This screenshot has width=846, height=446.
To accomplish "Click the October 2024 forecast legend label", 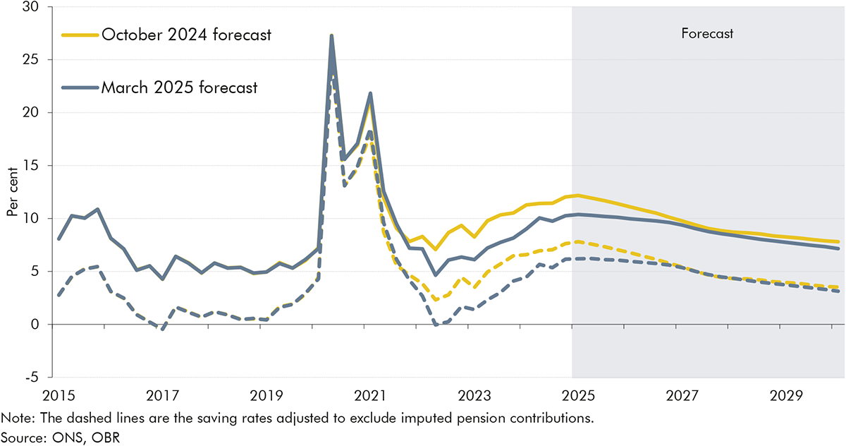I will pyautogui.click(x=186, y=35).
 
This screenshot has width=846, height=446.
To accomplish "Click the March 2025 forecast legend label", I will pyautogui.click(x=179, y=88).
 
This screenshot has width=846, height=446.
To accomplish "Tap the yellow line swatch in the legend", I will pyautogui.click(x=80, y=35).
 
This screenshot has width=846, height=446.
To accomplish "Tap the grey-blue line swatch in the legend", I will pyautogui.click(x=80, y=88).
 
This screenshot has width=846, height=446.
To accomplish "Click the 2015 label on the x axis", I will pyautogui.click(x=59, y=392).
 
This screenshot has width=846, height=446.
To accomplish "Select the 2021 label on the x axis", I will pyautogui.click(x=370, y=392).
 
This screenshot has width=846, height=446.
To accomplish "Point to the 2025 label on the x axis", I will pyautogui.click(x=572, y=392).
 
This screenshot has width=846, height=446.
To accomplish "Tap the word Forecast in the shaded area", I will pyautogui.click(x=707, y=33).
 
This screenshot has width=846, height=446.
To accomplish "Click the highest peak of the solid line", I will pyautogui.click(x=331, y=36).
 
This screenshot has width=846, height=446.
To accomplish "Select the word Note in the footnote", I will pyautogui.click(x=16, y=418).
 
